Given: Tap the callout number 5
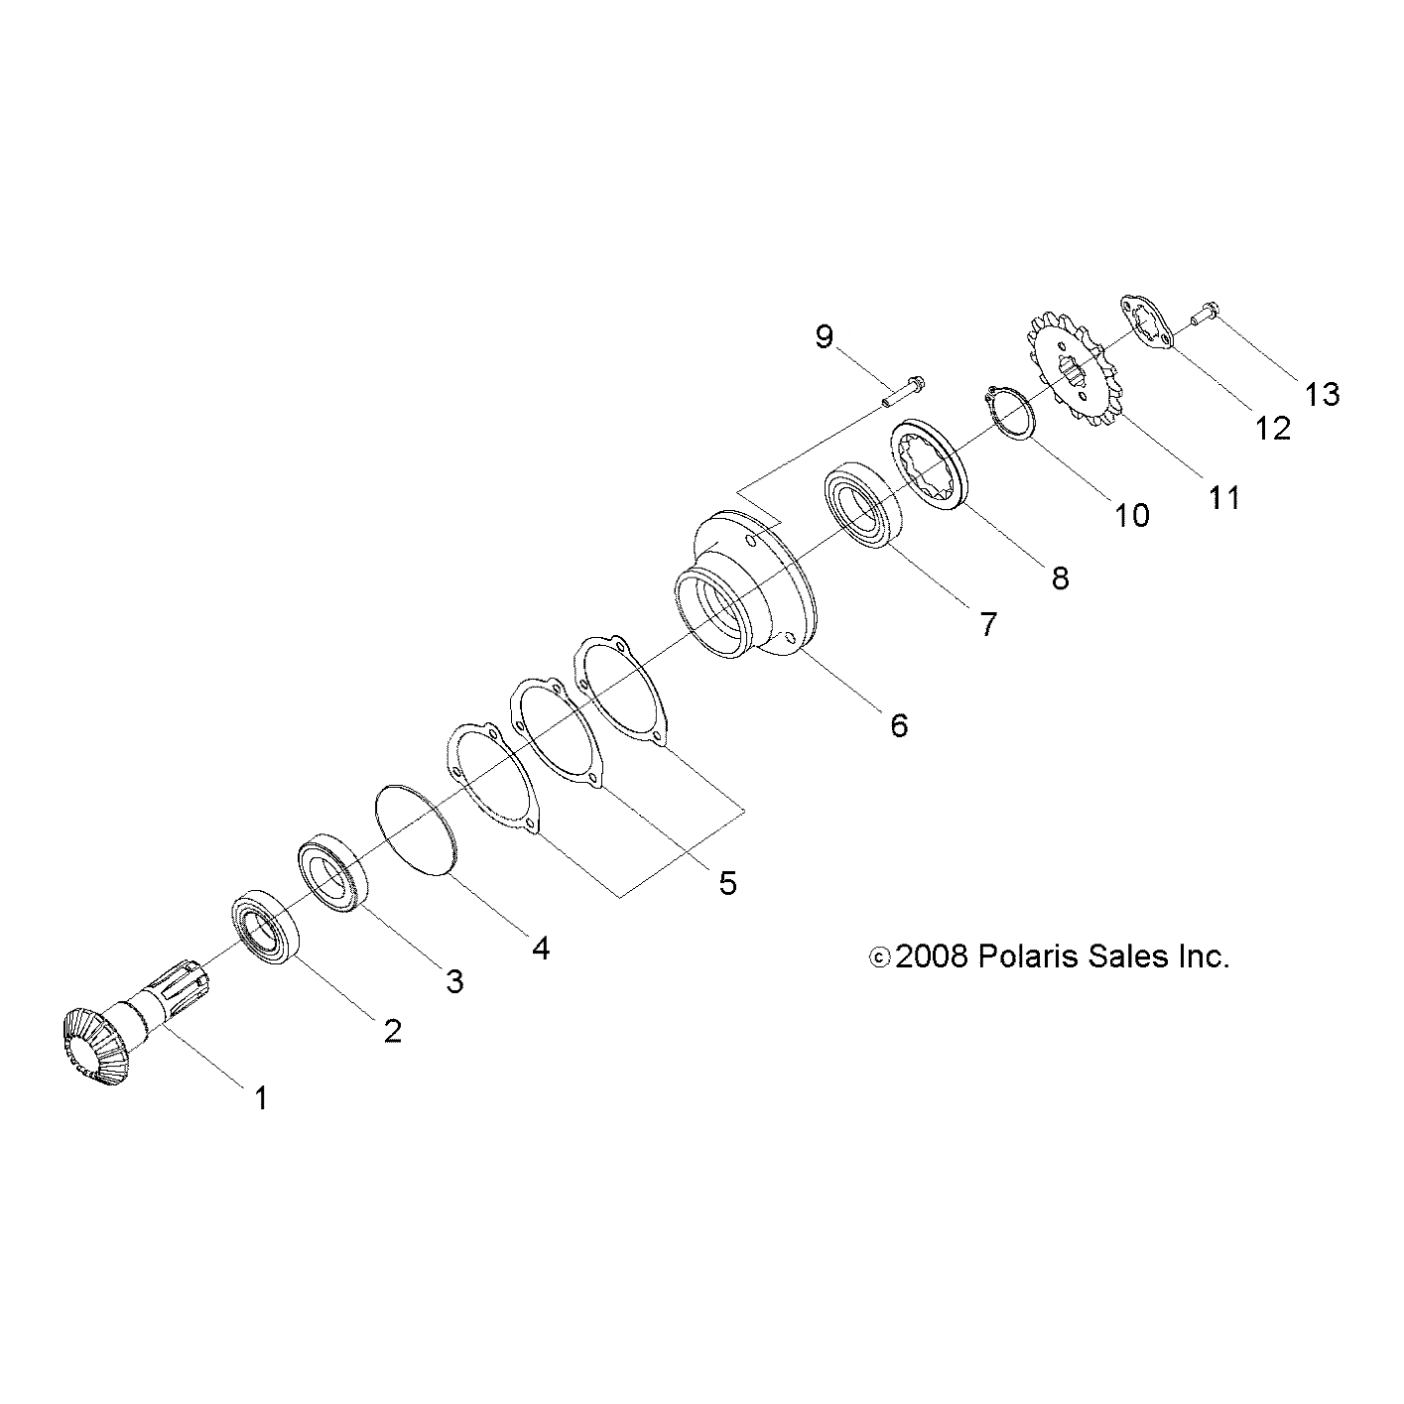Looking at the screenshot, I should tap(727, 882).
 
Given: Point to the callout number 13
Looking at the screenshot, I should tap(1322, 394).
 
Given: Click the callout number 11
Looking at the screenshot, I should tap(1224, 496).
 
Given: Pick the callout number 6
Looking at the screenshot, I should tap(898, 725).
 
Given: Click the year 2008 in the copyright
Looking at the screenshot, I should tap(931, 957).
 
